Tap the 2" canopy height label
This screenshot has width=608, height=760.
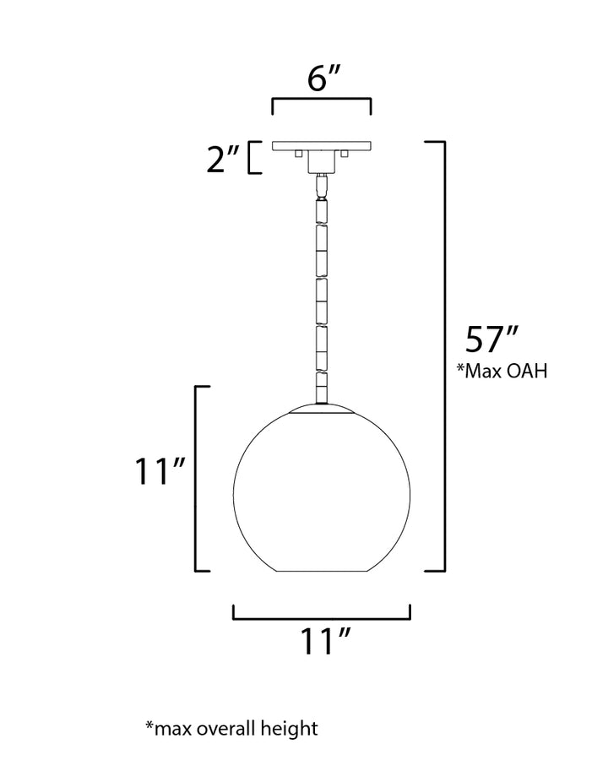[224, 158]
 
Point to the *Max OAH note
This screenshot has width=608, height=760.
[502, 371]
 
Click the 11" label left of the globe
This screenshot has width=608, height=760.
[160, 470]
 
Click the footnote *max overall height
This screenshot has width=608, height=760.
[231, 729]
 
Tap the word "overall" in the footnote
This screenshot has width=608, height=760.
[226, 729]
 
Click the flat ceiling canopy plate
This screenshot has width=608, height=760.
[322, 146]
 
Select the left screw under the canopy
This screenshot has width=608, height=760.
[299, 154]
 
